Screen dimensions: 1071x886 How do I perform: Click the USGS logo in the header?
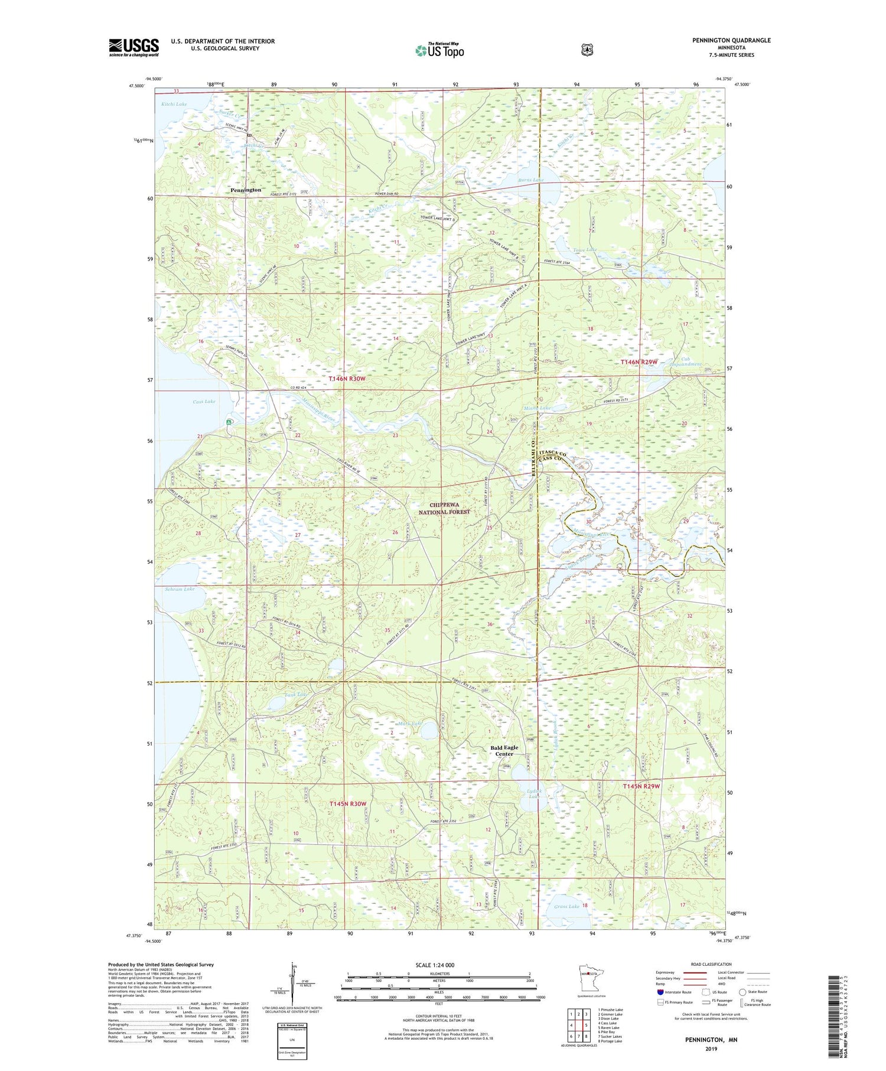(x=133, y=47)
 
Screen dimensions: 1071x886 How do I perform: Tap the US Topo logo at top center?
(x=439, y=50)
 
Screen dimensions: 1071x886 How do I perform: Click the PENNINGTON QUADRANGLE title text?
(x=731, y=40)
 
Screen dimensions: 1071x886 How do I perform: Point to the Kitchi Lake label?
(x=174, y=104)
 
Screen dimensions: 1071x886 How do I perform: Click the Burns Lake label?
(x=530, y=180)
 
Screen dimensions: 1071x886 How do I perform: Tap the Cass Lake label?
(x=204, y=402)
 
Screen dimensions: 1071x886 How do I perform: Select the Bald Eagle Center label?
(x=504, y=750)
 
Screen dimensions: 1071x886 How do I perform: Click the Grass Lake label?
(x=566, y=906)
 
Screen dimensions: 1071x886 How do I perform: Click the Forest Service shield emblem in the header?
(x=587, y=50)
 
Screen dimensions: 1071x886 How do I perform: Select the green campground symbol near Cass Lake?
(x=229, y=422)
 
